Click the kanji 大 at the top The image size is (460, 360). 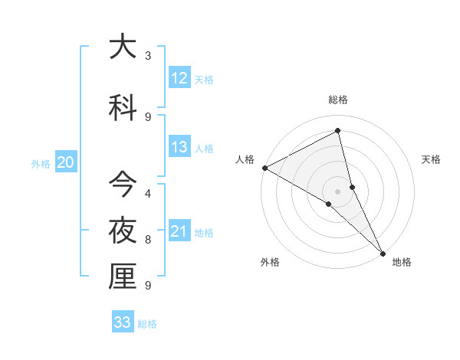[122, 47]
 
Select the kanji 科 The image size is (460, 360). [122, 108]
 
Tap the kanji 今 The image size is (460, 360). [122, 185]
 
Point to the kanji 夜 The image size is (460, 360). [122, 231]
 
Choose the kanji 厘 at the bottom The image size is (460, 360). [122, 277]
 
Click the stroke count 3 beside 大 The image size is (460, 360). [148, 56]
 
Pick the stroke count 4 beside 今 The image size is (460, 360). [148, 194]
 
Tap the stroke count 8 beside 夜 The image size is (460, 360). [148, 240]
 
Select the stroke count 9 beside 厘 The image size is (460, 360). [148, 286]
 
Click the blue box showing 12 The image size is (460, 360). [179, 78]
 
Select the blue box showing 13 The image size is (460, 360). [179, 147]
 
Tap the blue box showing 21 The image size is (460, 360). [179, 231]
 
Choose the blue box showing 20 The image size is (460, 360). [65, 162]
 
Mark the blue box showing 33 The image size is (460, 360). [123, 322]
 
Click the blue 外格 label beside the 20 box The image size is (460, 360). [40, 163]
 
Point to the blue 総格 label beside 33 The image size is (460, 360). [147, 324]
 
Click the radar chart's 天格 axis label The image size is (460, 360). [432, 159]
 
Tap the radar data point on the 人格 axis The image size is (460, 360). [264, 168]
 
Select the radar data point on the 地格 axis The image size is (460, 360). [382, 252]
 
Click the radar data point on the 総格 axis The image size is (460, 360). [338, 131]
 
